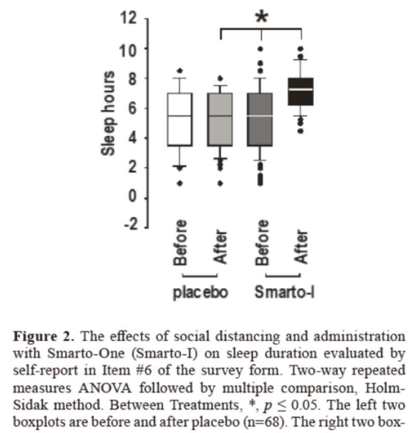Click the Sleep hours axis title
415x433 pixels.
[108, 114]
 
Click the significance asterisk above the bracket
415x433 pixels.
[261, 16]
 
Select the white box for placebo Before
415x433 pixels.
[180, 119]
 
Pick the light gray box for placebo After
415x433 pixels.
[220, 119]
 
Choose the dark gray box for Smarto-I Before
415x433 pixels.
[260, 119]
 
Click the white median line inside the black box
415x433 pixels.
[300, 89]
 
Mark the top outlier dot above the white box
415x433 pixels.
[180, 70]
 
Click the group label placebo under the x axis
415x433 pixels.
[201, 292]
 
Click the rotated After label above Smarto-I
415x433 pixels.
[301, 247]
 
